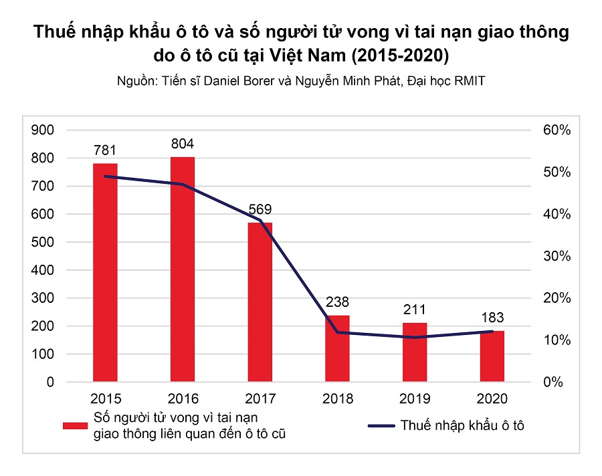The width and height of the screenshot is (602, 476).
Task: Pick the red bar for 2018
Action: (x=338, y=348)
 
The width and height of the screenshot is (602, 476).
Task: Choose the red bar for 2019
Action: (x=415, y=352)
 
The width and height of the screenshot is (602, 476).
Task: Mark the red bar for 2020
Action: (x=493, y=356)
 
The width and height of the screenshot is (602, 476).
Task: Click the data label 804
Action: (x=183, y=144)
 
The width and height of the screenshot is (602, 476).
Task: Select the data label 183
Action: (x=493, y=318)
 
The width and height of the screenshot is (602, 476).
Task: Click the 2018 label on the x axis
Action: (x=338, y=399)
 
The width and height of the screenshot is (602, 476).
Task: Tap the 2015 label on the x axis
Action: (x=105, y=399)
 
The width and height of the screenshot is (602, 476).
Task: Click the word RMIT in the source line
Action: (x=470, y=81)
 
